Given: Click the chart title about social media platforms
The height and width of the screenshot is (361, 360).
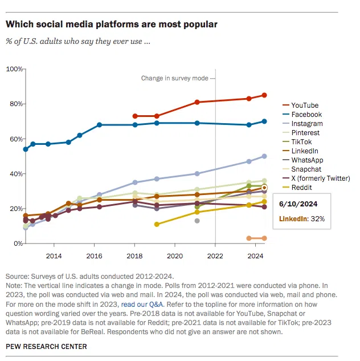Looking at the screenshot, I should tap(111, 25).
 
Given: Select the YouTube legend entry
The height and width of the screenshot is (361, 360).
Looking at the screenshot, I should tap(304, 106).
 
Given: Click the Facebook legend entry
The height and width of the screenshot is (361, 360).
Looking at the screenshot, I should tap(306, 115).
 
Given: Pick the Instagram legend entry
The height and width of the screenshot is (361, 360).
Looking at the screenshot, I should tap(306, 124).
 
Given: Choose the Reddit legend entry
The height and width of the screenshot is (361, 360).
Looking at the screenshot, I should tap(301, 188).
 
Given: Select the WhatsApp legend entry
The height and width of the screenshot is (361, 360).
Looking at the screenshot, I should tap(307, 160).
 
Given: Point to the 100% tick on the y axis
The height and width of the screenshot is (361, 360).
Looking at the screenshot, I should tap(13, 69).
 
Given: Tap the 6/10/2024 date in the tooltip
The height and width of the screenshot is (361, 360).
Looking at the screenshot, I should tap(298, 203).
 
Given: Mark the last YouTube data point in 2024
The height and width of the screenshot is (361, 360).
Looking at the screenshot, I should tap(264, 95).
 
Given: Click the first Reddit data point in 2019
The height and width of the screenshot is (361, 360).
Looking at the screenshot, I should tap(157, 224).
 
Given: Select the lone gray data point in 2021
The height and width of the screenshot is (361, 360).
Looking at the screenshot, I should tap(197, 221).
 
